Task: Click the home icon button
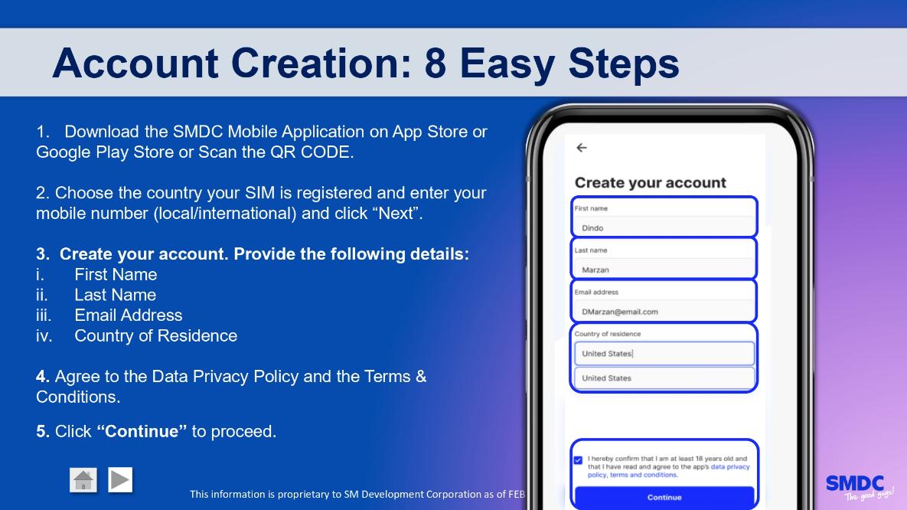(x=83, y=480)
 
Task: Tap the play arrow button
(x=120, y=480)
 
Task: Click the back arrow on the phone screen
(x=582, y=148)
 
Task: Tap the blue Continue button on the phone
(x=664, y=497)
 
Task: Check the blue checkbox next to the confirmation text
(x=578, y=460)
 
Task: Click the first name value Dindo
(x=592, y=228)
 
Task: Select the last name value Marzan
(x=595, y=270)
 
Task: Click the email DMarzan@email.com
(x=619, y=312)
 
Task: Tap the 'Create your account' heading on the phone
(x=650, y=183)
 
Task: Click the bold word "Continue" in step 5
(x=142, y=431)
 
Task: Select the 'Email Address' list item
(x=129, y=315)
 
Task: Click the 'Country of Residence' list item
(x=155, y=335)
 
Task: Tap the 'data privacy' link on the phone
(x=730, y=466)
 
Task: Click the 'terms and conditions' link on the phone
(x=643, y=475)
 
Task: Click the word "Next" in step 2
(x=396, y=213)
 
